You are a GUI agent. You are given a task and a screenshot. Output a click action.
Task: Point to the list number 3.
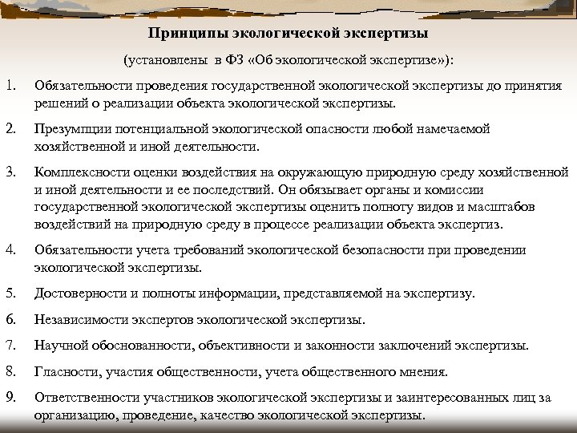[x=10, y=172]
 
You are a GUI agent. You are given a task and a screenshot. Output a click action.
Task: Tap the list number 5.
[x=10, y=293]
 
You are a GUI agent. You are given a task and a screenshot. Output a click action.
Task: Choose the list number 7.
[x=10, y=346]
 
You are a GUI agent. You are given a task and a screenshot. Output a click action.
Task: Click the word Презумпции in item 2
[x=71, y=129]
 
